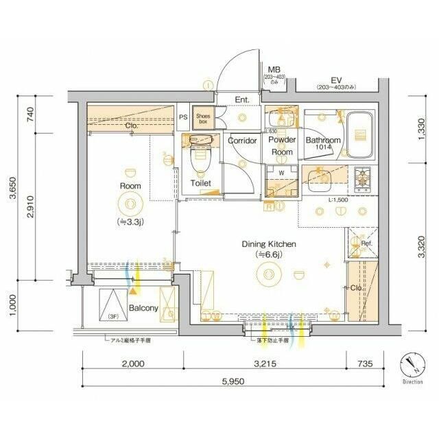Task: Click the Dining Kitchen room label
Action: point(268,244)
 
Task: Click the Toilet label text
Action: point(201,183)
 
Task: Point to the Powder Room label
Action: point(282,145)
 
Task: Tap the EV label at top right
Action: point(336,79)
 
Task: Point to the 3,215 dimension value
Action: point(264,364)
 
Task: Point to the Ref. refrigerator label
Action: point(366,244)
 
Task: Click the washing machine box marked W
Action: point(281,172)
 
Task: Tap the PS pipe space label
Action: point(183,117)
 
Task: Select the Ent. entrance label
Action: point(242,100)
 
